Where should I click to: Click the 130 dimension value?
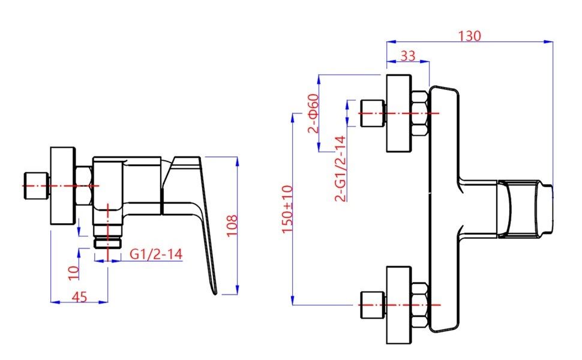tap(469, 35)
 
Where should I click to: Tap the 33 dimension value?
tap(407, 56)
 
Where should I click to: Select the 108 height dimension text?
tap(232, 226)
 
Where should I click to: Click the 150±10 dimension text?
tap(287, 209)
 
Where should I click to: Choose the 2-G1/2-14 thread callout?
tap(340, 169)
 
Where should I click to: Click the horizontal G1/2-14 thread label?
tap(156, 254)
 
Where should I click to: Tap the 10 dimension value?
tap(73, 272)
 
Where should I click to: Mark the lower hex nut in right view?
tap(420, 305)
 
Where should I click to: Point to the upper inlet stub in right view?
tap(371, 113)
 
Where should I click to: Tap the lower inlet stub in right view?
tap(371, 305)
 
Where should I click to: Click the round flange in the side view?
tap(62, 186)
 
